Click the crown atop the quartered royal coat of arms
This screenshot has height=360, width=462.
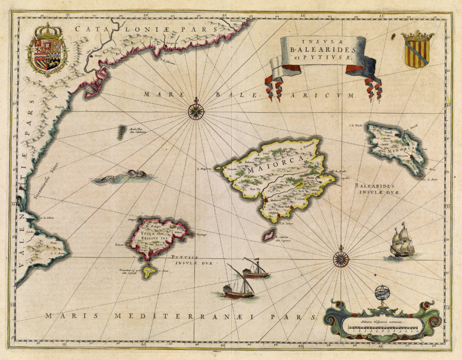[47, 31]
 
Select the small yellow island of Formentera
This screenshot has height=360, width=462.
[148, 271]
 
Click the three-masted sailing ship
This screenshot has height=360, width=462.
[401, 242]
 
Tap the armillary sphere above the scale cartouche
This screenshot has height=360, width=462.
[381, 294]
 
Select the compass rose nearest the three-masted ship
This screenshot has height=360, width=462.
[341, 258]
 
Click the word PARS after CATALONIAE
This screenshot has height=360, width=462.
[205, 29]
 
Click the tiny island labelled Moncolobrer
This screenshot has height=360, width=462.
[121, 133]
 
